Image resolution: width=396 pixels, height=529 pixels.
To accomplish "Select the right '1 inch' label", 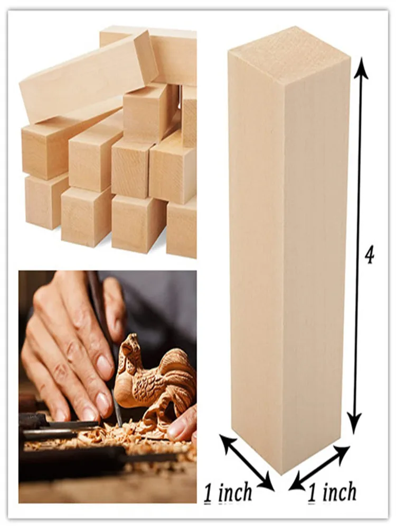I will pyautogui.click(x=332, y=493).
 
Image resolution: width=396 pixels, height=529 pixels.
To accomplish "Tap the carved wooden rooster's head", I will pyautogui.click(x=127, y=346).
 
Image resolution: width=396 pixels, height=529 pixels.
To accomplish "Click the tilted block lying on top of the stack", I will pyautogui.click(x=88, y=76).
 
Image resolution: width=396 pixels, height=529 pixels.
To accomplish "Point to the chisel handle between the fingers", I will pyautogui.click(x=98, y=296).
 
